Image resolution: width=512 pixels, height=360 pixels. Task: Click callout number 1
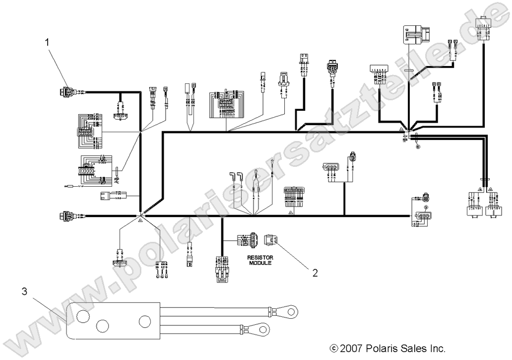click(x=48, y=43)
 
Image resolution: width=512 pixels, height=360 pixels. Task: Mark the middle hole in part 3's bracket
click(x=103, y=326)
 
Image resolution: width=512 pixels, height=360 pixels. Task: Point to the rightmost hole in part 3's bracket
click(x=144, y=321)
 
